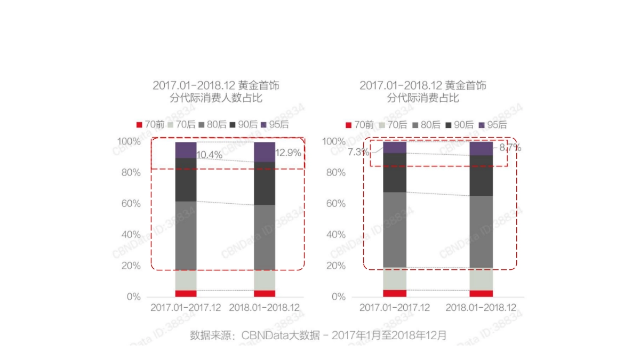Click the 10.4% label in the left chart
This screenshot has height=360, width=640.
(x=209, y=155)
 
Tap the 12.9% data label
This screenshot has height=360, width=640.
(x=288, y=153)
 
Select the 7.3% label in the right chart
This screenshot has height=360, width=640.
(x=358, y=152)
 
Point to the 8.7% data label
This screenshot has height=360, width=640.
(x=510, y=148)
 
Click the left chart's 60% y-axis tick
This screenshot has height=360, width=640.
(x=130, y=204)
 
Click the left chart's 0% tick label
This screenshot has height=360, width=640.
(x=133, y=297)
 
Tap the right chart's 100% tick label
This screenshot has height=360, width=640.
(x=333, y=141)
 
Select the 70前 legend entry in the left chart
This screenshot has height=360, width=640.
(x=150, y=125)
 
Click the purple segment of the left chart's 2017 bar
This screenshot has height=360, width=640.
(x=186, y=150)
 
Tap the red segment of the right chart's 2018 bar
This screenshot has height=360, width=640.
(x=481, y=293)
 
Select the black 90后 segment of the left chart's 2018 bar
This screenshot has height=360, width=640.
(x=265, y=183)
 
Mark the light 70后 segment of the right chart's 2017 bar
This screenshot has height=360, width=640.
(x=395, y=278)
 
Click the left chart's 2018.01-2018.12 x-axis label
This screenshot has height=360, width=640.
(x=265, y=308)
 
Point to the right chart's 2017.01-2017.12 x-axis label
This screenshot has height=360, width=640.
(x=395, y=308)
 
